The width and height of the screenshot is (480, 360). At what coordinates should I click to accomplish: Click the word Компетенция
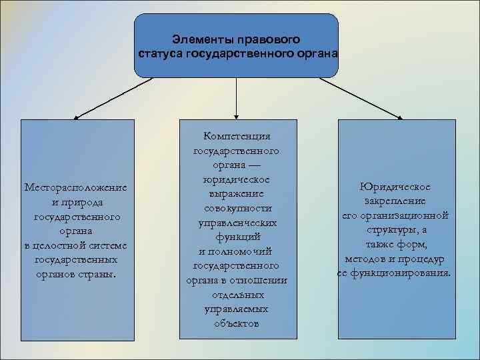point(237,136)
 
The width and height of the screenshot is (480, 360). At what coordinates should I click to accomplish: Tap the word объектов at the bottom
point(237,324)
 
